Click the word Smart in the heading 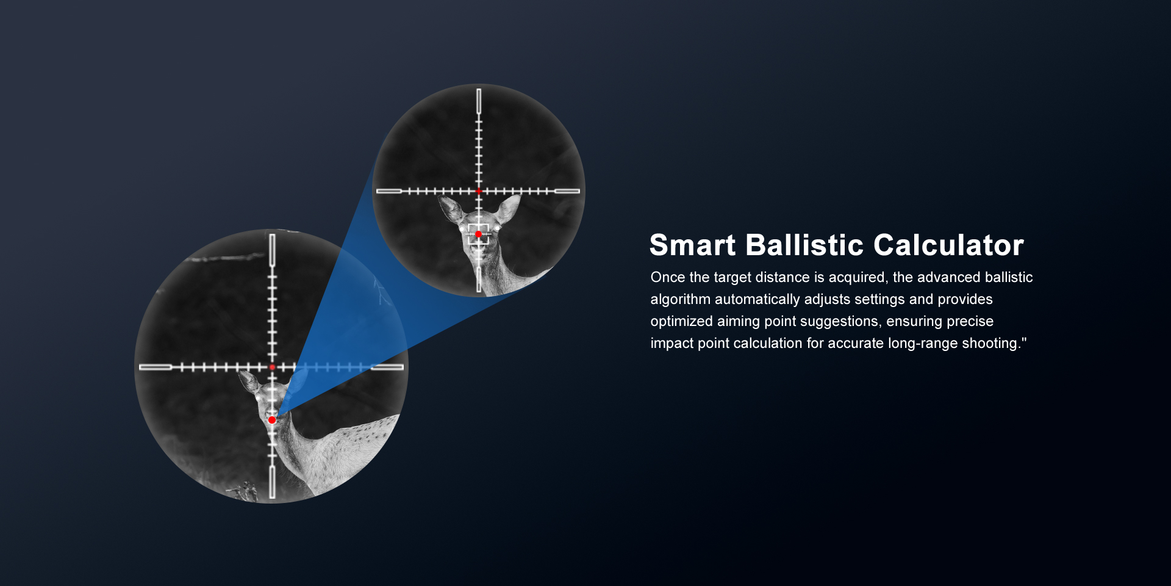pyautogui.click(x=692, y=245)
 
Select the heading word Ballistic pyautogui.click(x=804, y=245)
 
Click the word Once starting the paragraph pyautogui.click(x=668, y=277)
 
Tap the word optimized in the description pyautogui.click(x=682, y=322)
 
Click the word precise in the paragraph pyautogui.click(x=970, y=322)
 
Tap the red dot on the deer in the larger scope pyautogui.click(x=272, y=420)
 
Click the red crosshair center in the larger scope pyautogui.click(x=272, y=367)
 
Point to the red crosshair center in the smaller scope pyautogui.click(x=479, y=191)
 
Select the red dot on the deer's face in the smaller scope pyautogui.click(x=479, y=234)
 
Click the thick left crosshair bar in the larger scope pyautogui.click(x=156, y=367)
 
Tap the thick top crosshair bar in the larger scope pyautogui.click(x=272, y=250)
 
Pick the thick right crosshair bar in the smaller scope pyautogui.click(x=567, y=191)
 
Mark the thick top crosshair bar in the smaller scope pyautogui.click(x=479, y=101)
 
